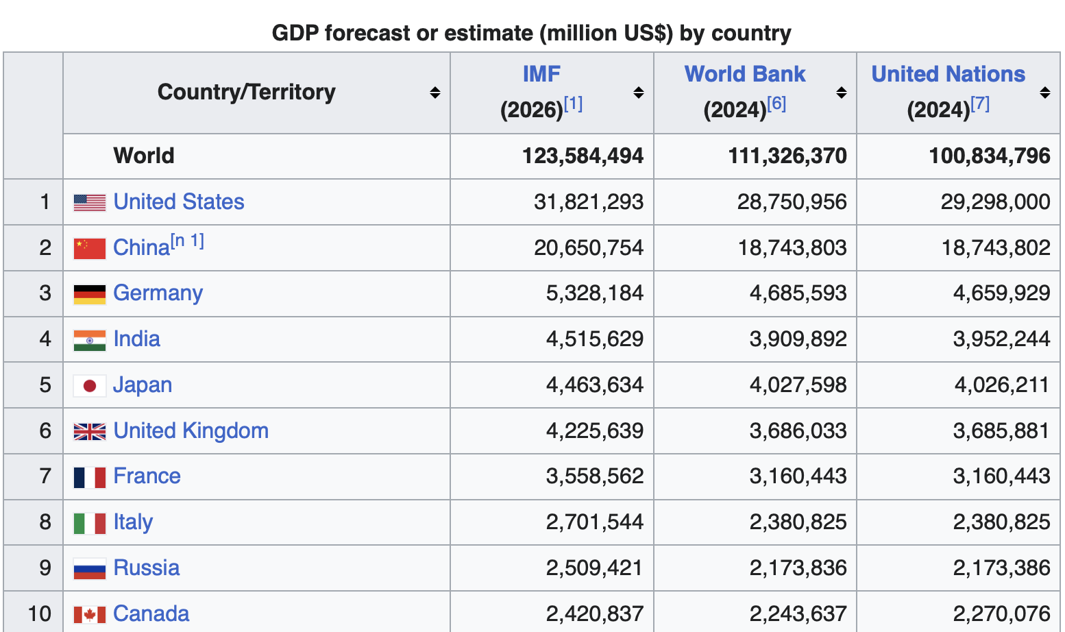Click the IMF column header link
click(x=541, y=74)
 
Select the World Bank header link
click(x=744, y=74)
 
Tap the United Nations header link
click(x=948, y=74)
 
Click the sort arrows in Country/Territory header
click(x=435, y=93)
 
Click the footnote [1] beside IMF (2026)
click(x=573, y=104)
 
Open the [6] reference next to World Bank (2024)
click(x=776, y=104)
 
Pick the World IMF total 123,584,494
click(x=583, y=156)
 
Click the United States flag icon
click(x=90, y=203)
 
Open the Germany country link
click(x=158, y=293)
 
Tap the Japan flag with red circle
click(x=90, y=386)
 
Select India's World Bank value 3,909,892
click(x=798, y=339)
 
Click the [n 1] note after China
click(x=187, y=241)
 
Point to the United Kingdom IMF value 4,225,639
click(x=595, y=431)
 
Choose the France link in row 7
click(x=147, y=476)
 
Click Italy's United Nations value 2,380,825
click(x=1002, y=522)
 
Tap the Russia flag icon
click(x=90, y=569)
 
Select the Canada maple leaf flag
click(x=90, y=614)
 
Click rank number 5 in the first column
click(x=45, y=385)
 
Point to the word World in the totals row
click(x=144, y=156)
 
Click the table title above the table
click(x=532, y=34)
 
